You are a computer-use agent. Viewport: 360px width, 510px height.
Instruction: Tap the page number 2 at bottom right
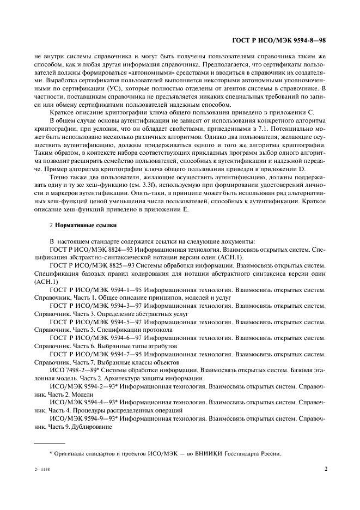pyautogui.click(x=325, y=467)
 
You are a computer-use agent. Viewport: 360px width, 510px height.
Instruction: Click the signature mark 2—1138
pyautogui.click(x=41, y=469)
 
